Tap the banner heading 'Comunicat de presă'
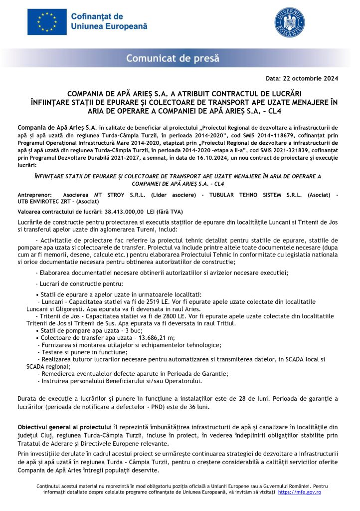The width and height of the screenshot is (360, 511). (x=173, y=58)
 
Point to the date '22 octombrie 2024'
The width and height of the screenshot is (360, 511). (x=311, y=78)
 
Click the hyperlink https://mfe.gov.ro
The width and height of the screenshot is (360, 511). (x=299, y=492)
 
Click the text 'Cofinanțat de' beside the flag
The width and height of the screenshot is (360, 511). (x=97, y=16)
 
